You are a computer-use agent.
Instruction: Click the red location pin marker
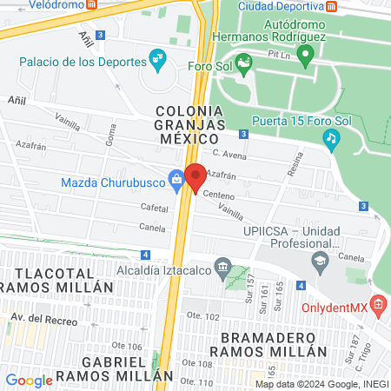click(x=195, y=177)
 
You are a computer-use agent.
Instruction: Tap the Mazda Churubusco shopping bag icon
click(x=176, y=182)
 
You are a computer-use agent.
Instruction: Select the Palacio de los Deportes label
click(x=83, y=62)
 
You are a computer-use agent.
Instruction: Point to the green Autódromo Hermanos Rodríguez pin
click(x=304, y=57)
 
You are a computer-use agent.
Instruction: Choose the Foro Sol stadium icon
click(x=244, y=63)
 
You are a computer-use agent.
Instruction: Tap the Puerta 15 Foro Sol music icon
click(x=330, y=137)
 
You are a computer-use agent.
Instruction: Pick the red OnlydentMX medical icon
click(x=377, y=305)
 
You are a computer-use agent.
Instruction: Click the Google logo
click(x=29, y=380)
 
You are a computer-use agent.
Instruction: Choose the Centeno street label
click(x=222, y=195)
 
